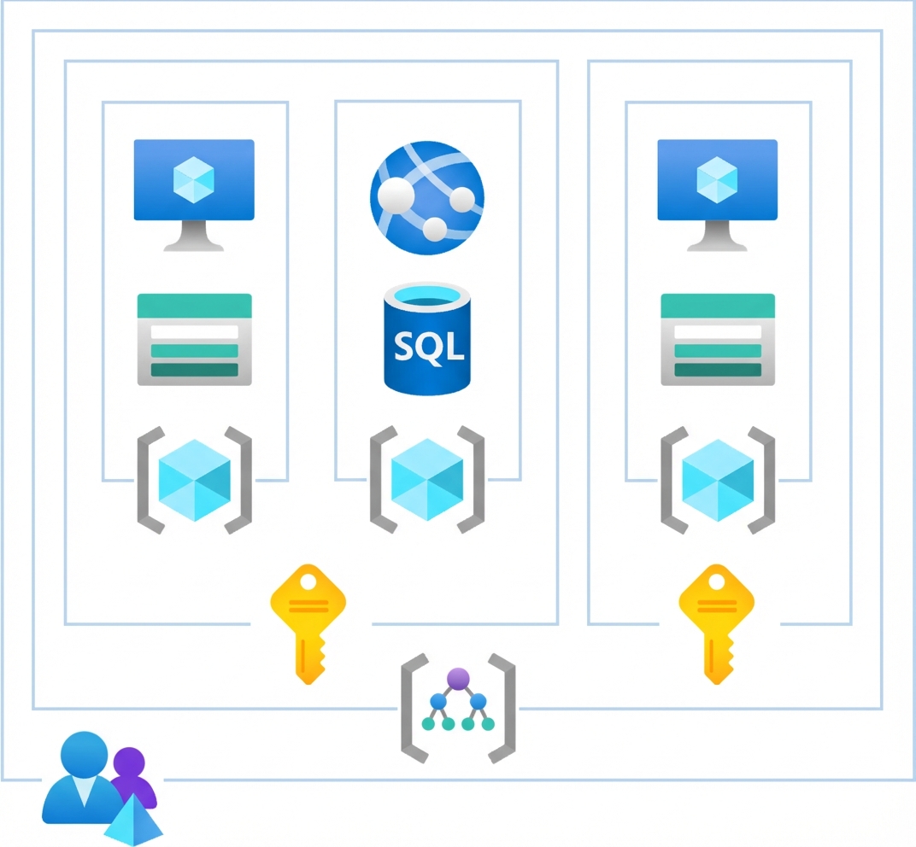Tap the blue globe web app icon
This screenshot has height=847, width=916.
point(426,196)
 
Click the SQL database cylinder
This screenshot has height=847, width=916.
point(426,340)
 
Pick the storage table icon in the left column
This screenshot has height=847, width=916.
point(194,339)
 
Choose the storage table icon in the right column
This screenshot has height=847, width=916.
point(717,339)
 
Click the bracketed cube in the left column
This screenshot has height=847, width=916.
point(194,480)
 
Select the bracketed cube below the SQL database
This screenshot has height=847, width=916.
point(426,480)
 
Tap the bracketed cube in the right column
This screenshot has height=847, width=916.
point(717,480)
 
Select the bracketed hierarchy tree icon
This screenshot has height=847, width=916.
point(458,707)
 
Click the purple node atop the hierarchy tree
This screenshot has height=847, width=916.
point(458,679)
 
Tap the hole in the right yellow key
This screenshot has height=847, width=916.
point(715,582)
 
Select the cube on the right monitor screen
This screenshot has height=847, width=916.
point(717,178)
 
